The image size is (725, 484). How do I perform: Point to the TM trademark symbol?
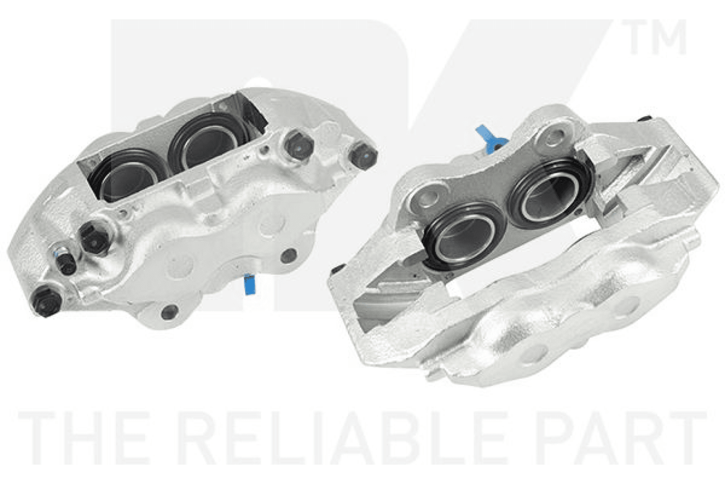pyautogui.click(x=657, y=37)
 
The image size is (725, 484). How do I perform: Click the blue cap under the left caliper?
pyautogui.click(x=249, y=285)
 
